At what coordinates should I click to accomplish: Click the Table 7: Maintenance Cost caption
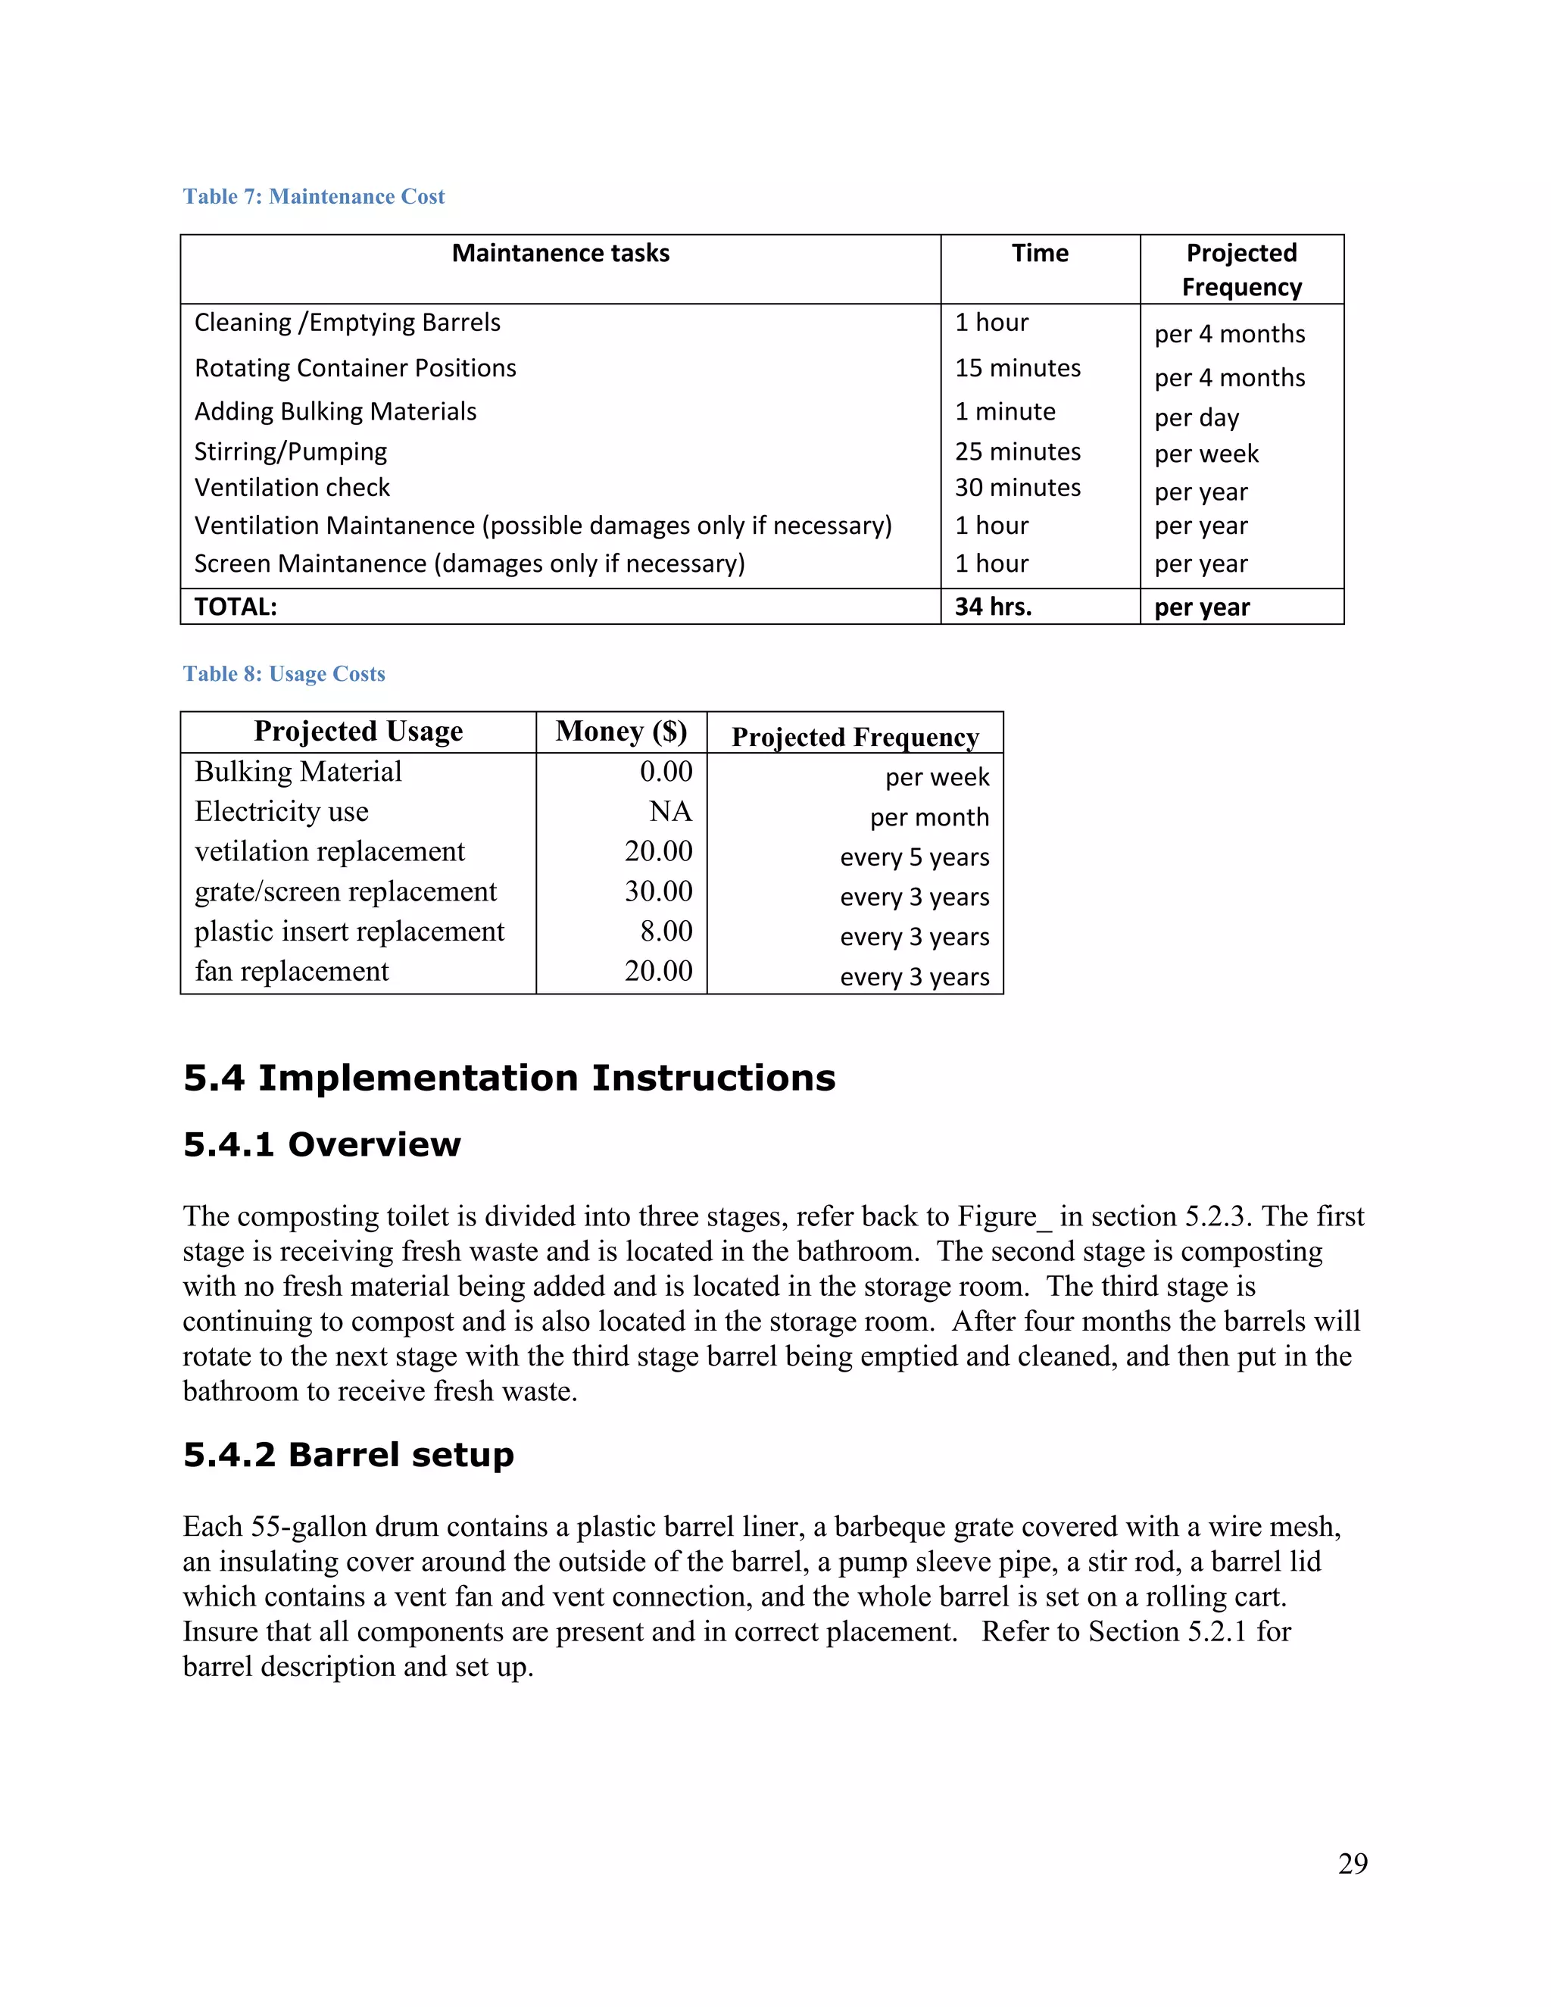click(x=314, y=197)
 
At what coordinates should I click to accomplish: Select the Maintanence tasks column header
click(x=560, y=254)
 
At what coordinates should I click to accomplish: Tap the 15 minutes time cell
click(x=1017, y=369)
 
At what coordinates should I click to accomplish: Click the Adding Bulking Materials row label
click(x=335, y=412)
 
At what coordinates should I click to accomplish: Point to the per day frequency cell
click(x=1197, y=418)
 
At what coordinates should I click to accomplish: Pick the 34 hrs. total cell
click(x=994, y=607)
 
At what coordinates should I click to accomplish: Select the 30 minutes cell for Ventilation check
click(x=1017, y=488)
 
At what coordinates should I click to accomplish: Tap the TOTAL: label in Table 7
click(x=236, y=607)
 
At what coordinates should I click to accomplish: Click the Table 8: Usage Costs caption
click(x=284, y=675)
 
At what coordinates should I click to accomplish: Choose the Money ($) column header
click(x=621, y=732)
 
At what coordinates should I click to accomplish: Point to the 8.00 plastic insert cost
click(x=666, y=932)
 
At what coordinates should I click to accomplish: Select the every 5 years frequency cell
click(x=914, y=857)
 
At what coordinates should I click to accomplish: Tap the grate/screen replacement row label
click(x=345, y=891)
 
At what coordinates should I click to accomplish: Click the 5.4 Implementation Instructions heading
click(x=509, y=1078)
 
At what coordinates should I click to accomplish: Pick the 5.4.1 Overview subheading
click(x=322, y=1145)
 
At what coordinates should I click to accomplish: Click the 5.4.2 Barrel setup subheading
click(x=348, y=1456)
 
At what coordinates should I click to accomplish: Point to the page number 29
click(x=1353, y=1864)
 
